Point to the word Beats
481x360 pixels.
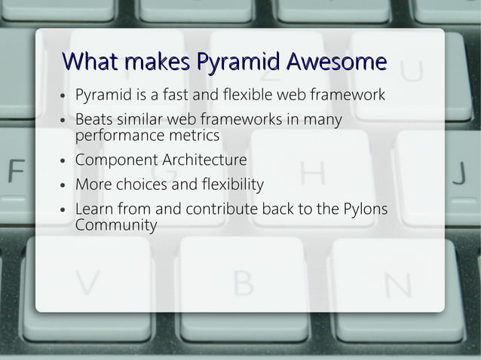click(x=94, y=120)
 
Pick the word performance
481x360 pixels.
click(x=121, y=136)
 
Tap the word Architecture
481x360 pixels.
click(x=204, y=160)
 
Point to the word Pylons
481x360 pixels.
click(x=365, y=209)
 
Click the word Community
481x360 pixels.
click(x=116, y=225)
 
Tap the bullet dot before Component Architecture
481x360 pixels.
click(x=64, y=161)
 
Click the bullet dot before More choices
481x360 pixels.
click(x=64, y=185)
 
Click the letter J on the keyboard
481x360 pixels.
click(x=459, y=172)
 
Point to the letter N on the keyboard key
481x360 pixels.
click(x=397, y=285)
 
